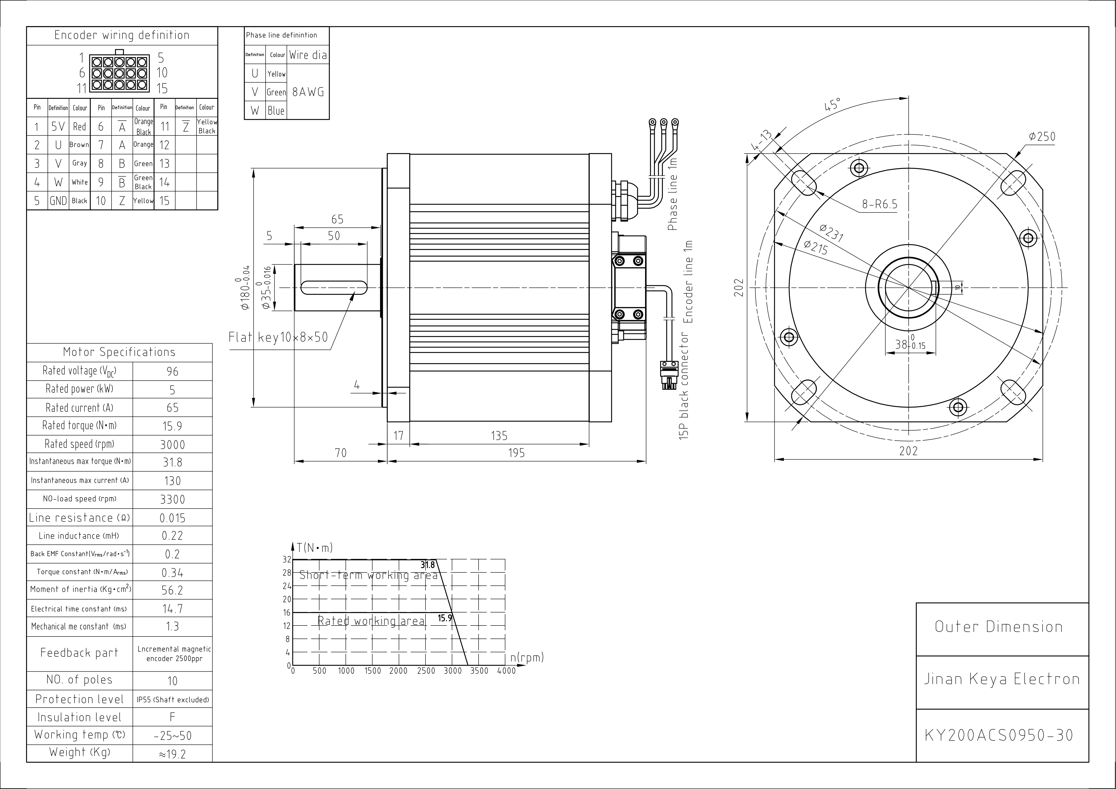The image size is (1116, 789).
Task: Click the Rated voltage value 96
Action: point(173,371)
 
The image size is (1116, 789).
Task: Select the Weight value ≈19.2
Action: point(173,754)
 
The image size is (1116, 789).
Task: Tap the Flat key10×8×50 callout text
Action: point(278,337)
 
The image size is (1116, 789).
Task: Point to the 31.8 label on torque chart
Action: point(428,565)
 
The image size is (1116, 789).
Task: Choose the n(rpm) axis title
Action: point(527,658)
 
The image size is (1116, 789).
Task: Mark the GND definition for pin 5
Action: point(58,201)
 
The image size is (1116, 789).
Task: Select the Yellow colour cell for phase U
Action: point(276,74)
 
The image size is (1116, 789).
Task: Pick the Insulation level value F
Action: point(173,717)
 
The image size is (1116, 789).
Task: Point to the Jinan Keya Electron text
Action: point(1001,679)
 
